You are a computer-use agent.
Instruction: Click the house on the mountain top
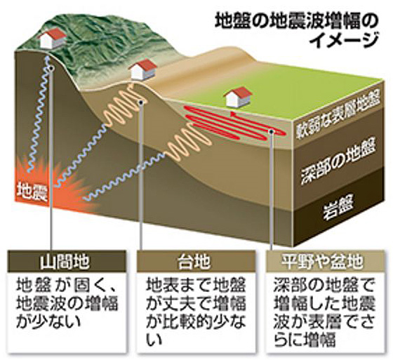[x=52, y=38]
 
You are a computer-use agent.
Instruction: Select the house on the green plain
[x=238, y=98]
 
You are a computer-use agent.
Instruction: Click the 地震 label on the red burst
[x=32, y=192]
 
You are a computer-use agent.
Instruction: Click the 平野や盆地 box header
[x=322, y=262]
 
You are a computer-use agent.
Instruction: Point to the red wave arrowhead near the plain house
[x=234, y=114]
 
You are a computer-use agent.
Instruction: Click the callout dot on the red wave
[x=272, y=131]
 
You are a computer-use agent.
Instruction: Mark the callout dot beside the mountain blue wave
[x=51, y=69]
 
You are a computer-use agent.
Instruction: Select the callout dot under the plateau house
[x=141, y=102]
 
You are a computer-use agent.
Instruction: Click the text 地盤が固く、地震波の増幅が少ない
[x=67, y=305]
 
